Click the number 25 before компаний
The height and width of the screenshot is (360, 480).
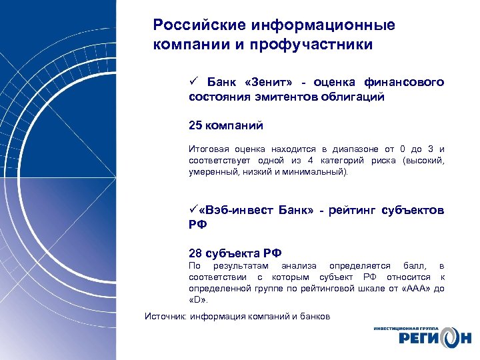[195, 125]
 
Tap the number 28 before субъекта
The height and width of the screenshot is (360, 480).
[195, 253]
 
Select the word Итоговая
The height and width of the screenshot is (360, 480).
[208, 149]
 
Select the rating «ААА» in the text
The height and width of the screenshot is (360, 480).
[419, 288]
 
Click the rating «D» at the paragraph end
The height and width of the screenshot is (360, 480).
[197, 299]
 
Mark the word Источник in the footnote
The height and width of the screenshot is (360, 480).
[166, 316]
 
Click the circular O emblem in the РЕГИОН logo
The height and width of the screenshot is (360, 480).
[445, 338]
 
